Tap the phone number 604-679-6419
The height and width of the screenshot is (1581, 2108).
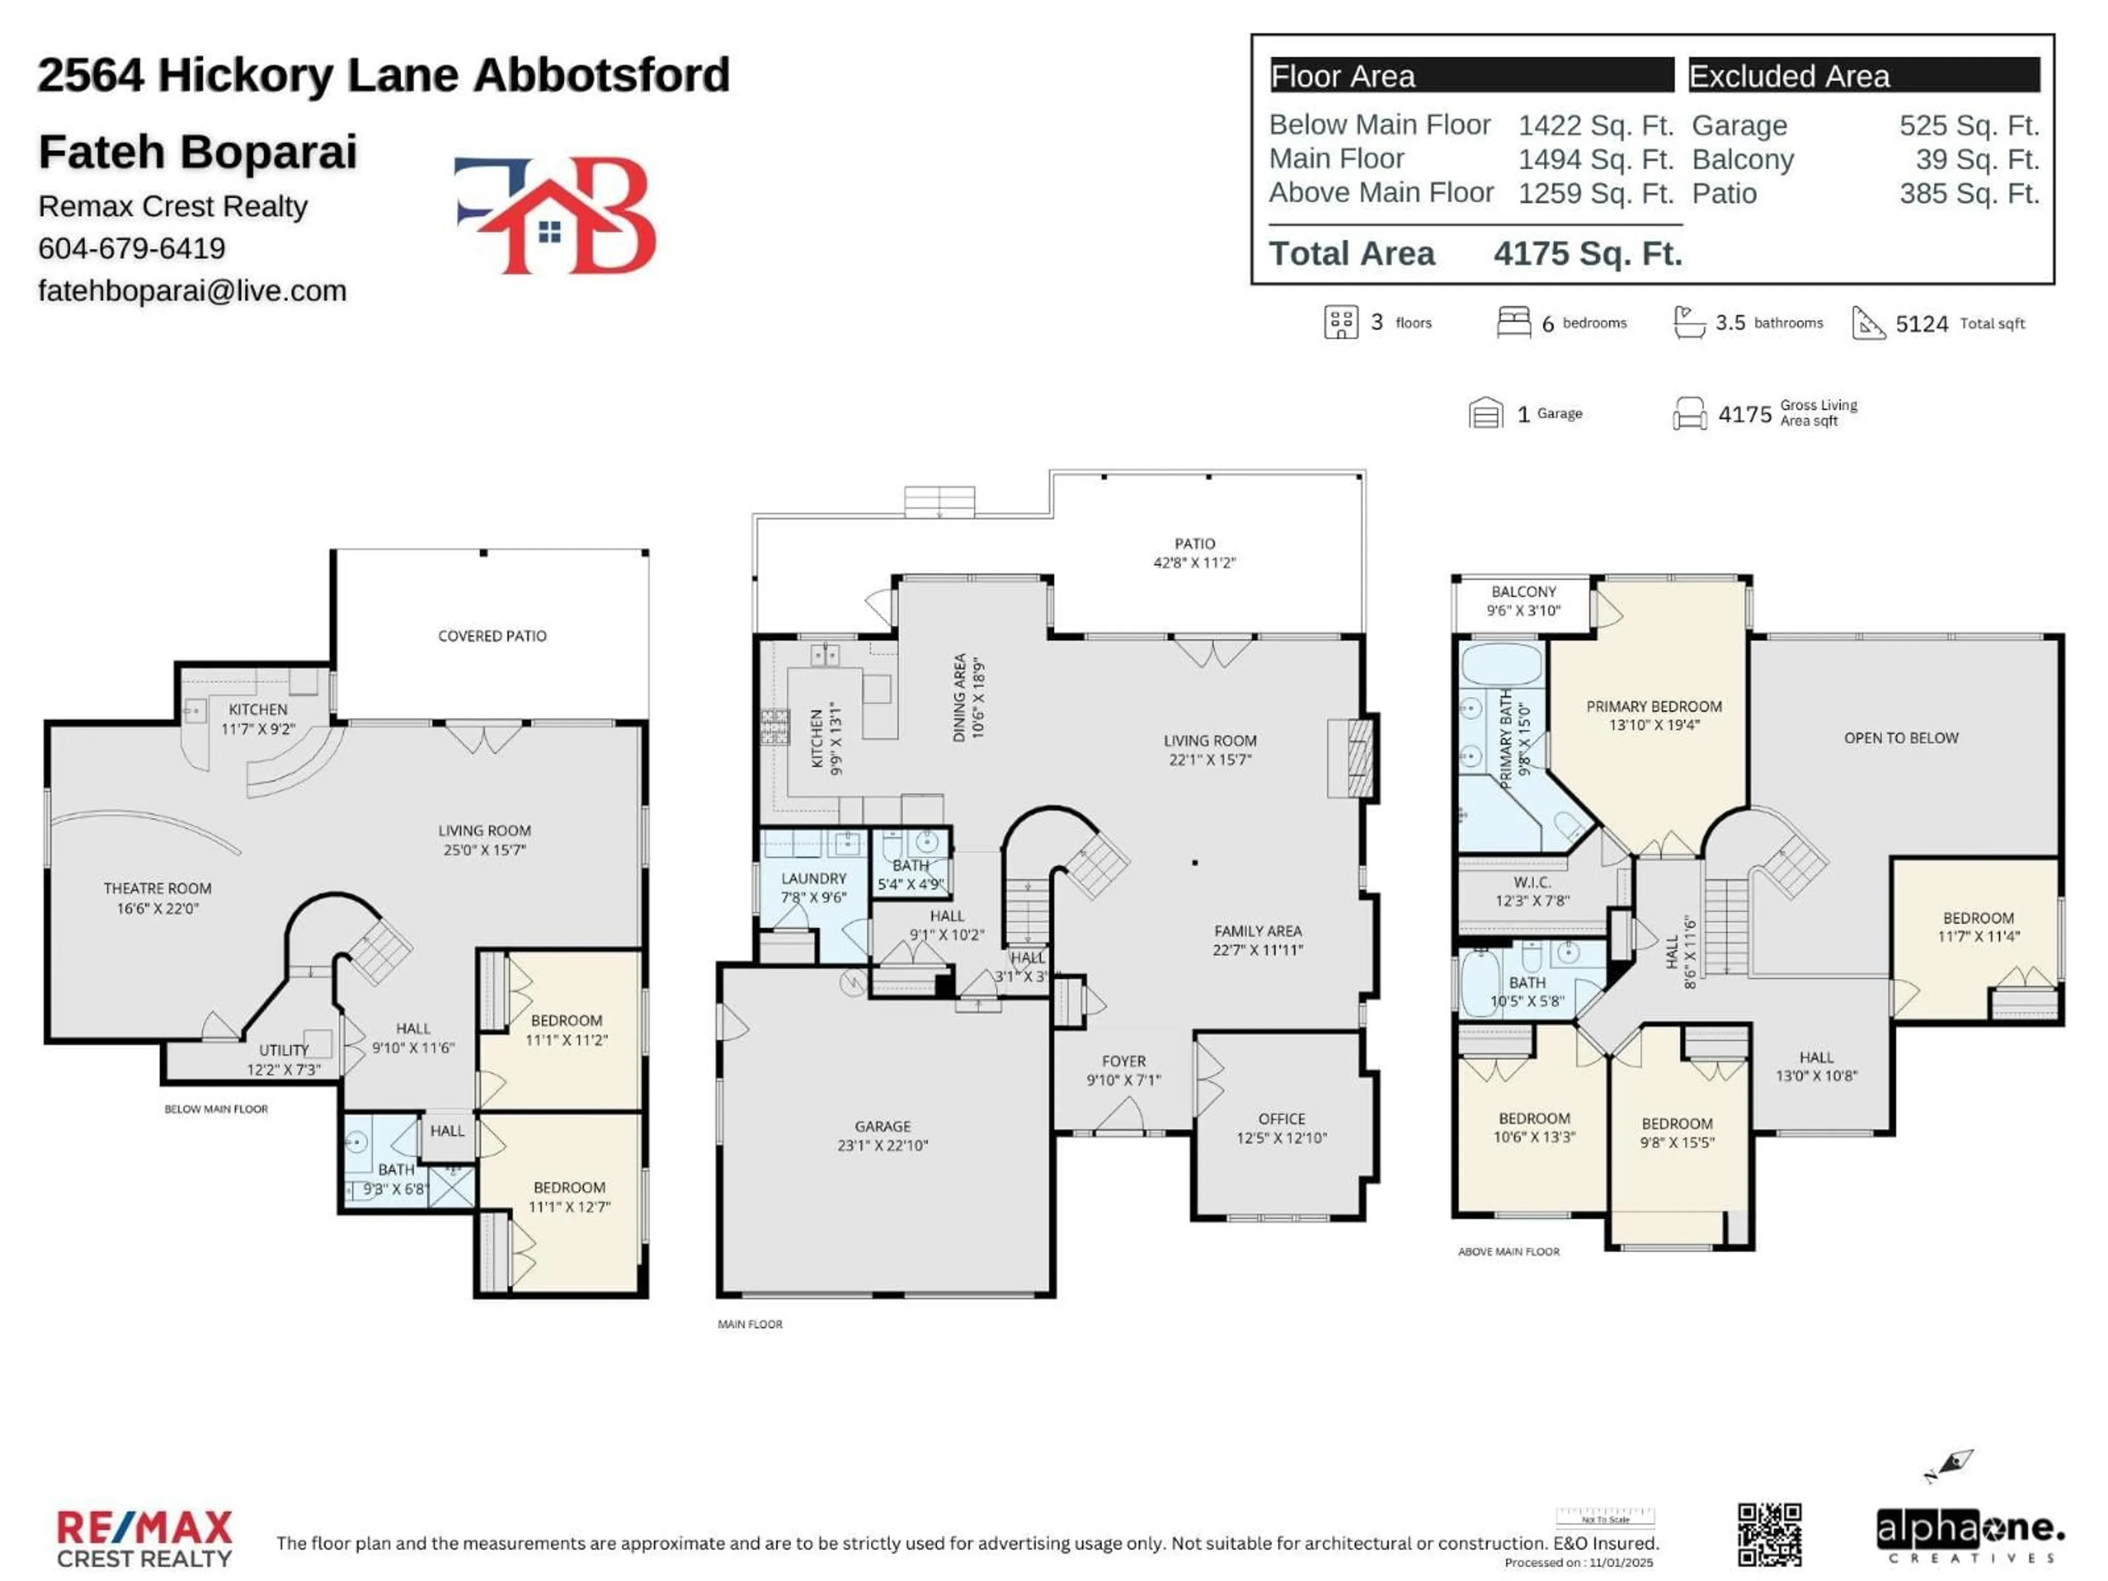[132, 249]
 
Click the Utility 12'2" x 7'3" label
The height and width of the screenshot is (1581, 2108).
[284, 1059]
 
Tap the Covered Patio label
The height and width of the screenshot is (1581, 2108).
[492, 636]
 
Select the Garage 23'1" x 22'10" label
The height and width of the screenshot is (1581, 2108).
[883, 1136]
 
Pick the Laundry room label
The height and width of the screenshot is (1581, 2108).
[813, 887]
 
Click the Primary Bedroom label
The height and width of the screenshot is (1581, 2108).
[1653, 715]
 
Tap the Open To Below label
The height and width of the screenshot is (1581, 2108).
[1900, 738]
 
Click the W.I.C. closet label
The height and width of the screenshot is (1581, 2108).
[1532, 891]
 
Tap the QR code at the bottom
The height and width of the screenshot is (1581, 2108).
[1769, 1534]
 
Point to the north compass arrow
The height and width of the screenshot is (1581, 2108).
[1949, 1465]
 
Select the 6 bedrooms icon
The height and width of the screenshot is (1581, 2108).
[1513, 322]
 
